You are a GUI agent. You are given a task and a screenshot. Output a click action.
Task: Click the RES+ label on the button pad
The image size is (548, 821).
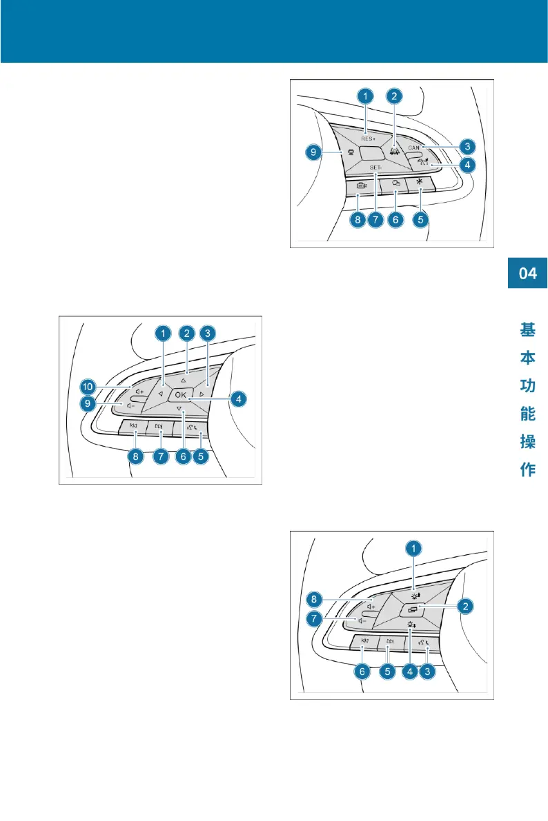coord(366,137)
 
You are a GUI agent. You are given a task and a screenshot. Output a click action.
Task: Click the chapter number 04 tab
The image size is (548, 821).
coord(528,274)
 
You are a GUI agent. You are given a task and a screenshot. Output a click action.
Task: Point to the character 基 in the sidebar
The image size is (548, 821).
coord(528,331)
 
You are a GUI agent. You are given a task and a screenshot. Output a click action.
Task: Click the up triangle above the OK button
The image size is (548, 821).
coord(184,378)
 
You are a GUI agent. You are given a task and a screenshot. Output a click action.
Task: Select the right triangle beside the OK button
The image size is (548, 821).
coord(201,394)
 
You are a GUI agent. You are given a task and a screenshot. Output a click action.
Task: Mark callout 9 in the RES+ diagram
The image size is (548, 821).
coord(314,152)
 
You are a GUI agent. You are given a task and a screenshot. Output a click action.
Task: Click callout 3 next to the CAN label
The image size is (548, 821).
coord(467,146)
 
